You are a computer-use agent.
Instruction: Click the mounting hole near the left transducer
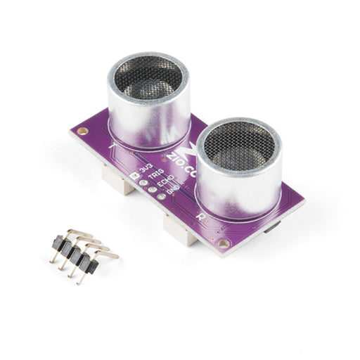pos(83,131)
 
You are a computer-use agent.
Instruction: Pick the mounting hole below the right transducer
pos(224,243)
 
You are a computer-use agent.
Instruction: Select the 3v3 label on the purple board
pos(146,168)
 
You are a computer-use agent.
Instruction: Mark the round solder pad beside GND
pos(161,196)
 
